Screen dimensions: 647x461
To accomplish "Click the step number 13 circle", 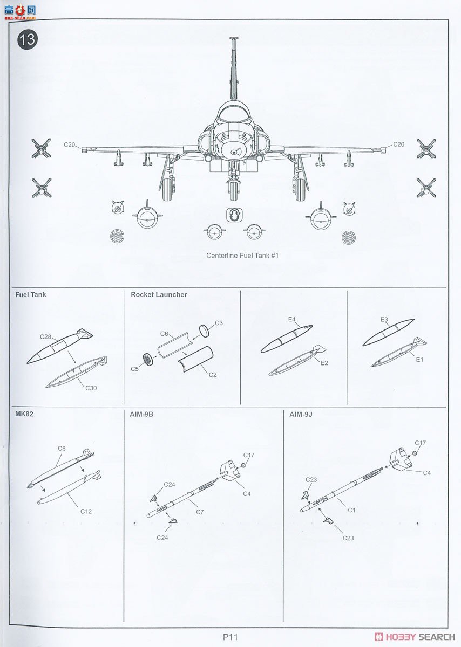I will [x=28, y=40].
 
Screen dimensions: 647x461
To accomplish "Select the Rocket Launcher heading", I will [x=159, y=295].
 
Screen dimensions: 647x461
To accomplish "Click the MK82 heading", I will [x=24, y=415].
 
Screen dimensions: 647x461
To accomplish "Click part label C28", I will [x=45, y=336].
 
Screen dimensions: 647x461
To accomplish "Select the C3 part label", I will [x=219, y=323].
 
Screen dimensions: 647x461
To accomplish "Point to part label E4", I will [x=291, y=320].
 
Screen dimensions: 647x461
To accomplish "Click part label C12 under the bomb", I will [x=86, y=511].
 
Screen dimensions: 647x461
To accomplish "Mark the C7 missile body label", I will [x=200, y=511].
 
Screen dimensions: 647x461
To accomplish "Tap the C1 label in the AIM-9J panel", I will [x=351, y=510].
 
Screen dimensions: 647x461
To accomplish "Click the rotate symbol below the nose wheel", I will [x=233, y=215].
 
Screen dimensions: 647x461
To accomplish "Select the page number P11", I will [x=230, y=636].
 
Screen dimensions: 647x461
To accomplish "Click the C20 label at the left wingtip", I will [x=71, y=144].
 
